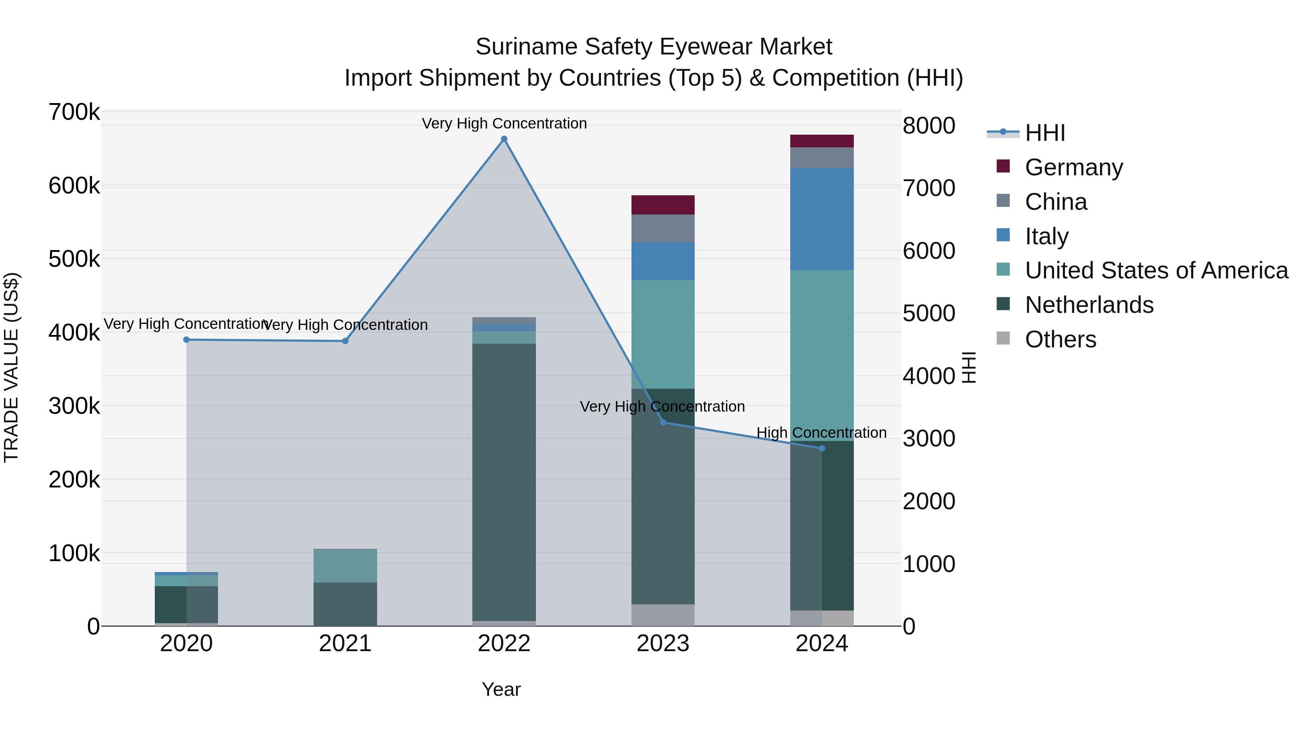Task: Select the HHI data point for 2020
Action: pos(186,340)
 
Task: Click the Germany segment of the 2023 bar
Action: pos(663,205)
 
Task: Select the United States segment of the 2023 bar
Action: pos(663,335)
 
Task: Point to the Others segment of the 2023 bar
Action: pos(663,615)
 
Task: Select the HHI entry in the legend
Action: pos(1045,133)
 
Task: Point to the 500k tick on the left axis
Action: pos(74,259)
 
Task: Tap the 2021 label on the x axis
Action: pos(345,644)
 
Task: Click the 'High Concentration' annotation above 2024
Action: pos(821,433)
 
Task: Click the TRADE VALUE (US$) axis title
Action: pos(11,367)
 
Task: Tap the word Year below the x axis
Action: pos(501,689)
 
